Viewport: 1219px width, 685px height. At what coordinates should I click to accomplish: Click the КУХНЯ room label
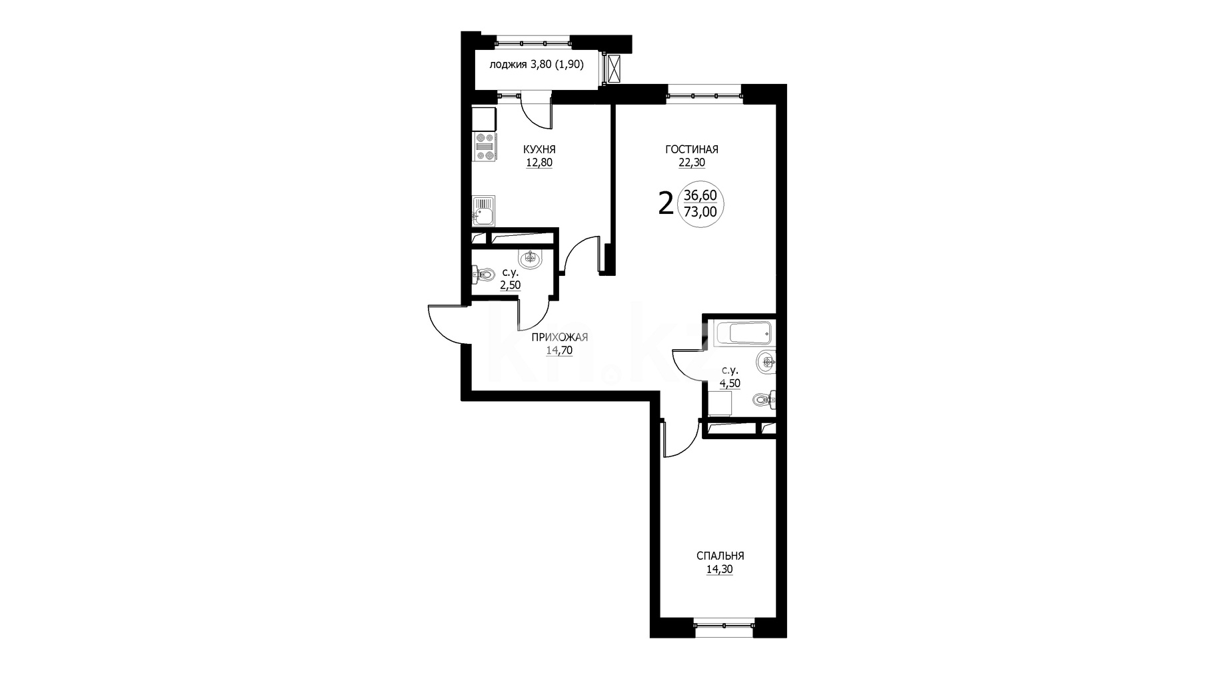click(539, 149)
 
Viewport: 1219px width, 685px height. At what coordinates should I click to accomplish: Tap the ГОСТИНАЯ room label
click(692, 149)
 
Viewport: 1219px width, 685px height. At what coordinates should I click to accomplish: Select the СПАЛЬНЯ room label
click(720, 556)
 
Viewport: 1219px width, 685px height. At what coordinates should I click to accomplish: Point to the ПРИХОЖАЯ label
click(559, 337)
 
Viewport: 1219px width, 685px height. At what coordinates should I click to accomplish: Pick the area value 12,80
click(539, 162)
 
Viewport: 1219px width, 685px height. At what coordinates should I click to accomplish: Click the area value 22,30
click(692, 162)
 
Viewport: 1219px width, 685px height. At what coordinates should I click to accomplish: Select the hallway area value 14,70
click(559, 350)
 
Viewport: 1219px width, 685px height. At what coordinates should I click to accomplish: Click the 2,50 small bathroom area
click(511, 285)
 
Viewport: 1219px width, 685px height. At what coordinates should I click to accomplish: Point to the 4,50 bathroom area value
click(729, 383)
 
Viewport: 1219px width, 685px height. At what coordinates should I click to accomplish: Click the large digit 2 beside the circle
click(665, 203)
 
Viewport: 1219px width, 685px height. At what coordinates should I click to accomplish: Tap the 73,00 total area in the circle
click(700, 212)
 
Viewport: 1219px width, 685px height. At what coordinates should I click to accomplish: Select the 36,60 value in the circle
click(700, 195)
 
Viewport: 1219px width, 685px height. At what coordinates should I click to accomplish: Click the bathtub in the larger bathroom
click(742, 333)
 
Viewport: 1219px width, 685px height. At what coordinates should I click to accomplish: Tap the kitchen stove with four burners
click(485, 147)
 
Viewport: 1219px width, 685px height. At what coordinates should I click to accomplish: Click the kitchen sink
click(483, 212)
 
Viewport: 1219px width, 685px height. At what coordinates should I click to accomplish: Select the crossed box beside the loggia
click(613, 69)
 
